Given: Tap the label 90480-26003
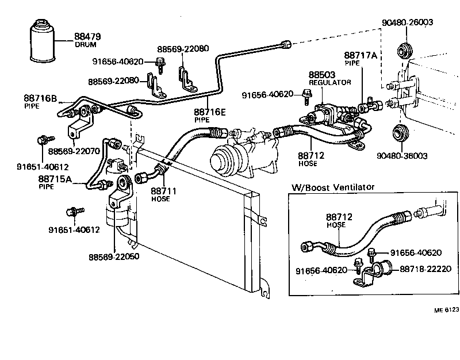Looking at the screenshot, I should [407, 22].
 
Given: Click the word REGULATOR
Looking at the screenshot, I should [329, 82].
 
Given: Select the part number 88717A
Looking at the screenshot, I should [361, 56].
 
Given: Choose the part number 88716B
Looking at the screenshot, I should [40, 99].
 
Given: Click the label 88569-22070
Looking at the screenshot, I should [74, 151].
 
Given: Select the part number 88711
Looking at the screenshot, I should [163, 190].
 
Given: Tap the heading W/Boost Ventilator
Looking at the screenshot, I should [333, 187].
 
